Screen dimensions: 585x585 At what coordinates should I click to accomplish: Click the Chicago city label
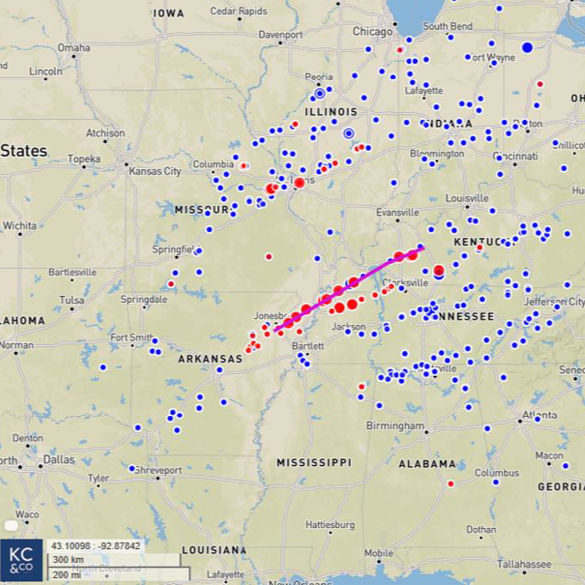click(372, 32)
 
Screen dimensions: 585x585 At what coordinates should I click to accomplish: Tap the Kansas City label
click(155, 171)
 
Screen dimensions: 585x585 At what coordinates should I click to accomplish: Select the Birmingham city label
click(395, 426)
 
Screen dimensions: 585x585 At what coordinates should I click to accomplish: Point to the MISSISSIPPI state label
click(314, 462)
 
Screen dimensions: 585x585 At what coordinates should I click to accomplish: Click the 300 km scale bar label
click(67, 560)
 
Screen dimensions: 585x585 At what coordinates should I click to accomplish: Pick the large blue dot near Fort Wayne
click(527, 46)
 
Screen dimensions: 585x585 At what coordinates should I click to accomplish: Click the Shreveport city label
click(158, 470)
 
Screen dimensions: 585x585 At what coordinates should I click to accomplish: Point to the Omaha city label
click(74, 47)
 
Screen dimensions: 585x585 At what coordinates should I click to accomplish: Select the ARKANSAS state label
click(210, 359)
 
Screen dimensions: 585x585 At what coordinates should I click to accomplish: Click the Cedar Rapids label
click(238, 11)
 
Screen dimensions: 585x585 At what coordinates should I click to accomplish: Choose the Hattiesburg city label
click(330, 525)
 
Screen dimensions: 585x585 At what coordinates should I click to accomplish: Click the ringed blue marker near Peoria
click(320, 93)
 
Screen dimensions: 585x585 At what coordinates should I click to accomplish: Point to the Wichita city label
click(18, 225)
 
